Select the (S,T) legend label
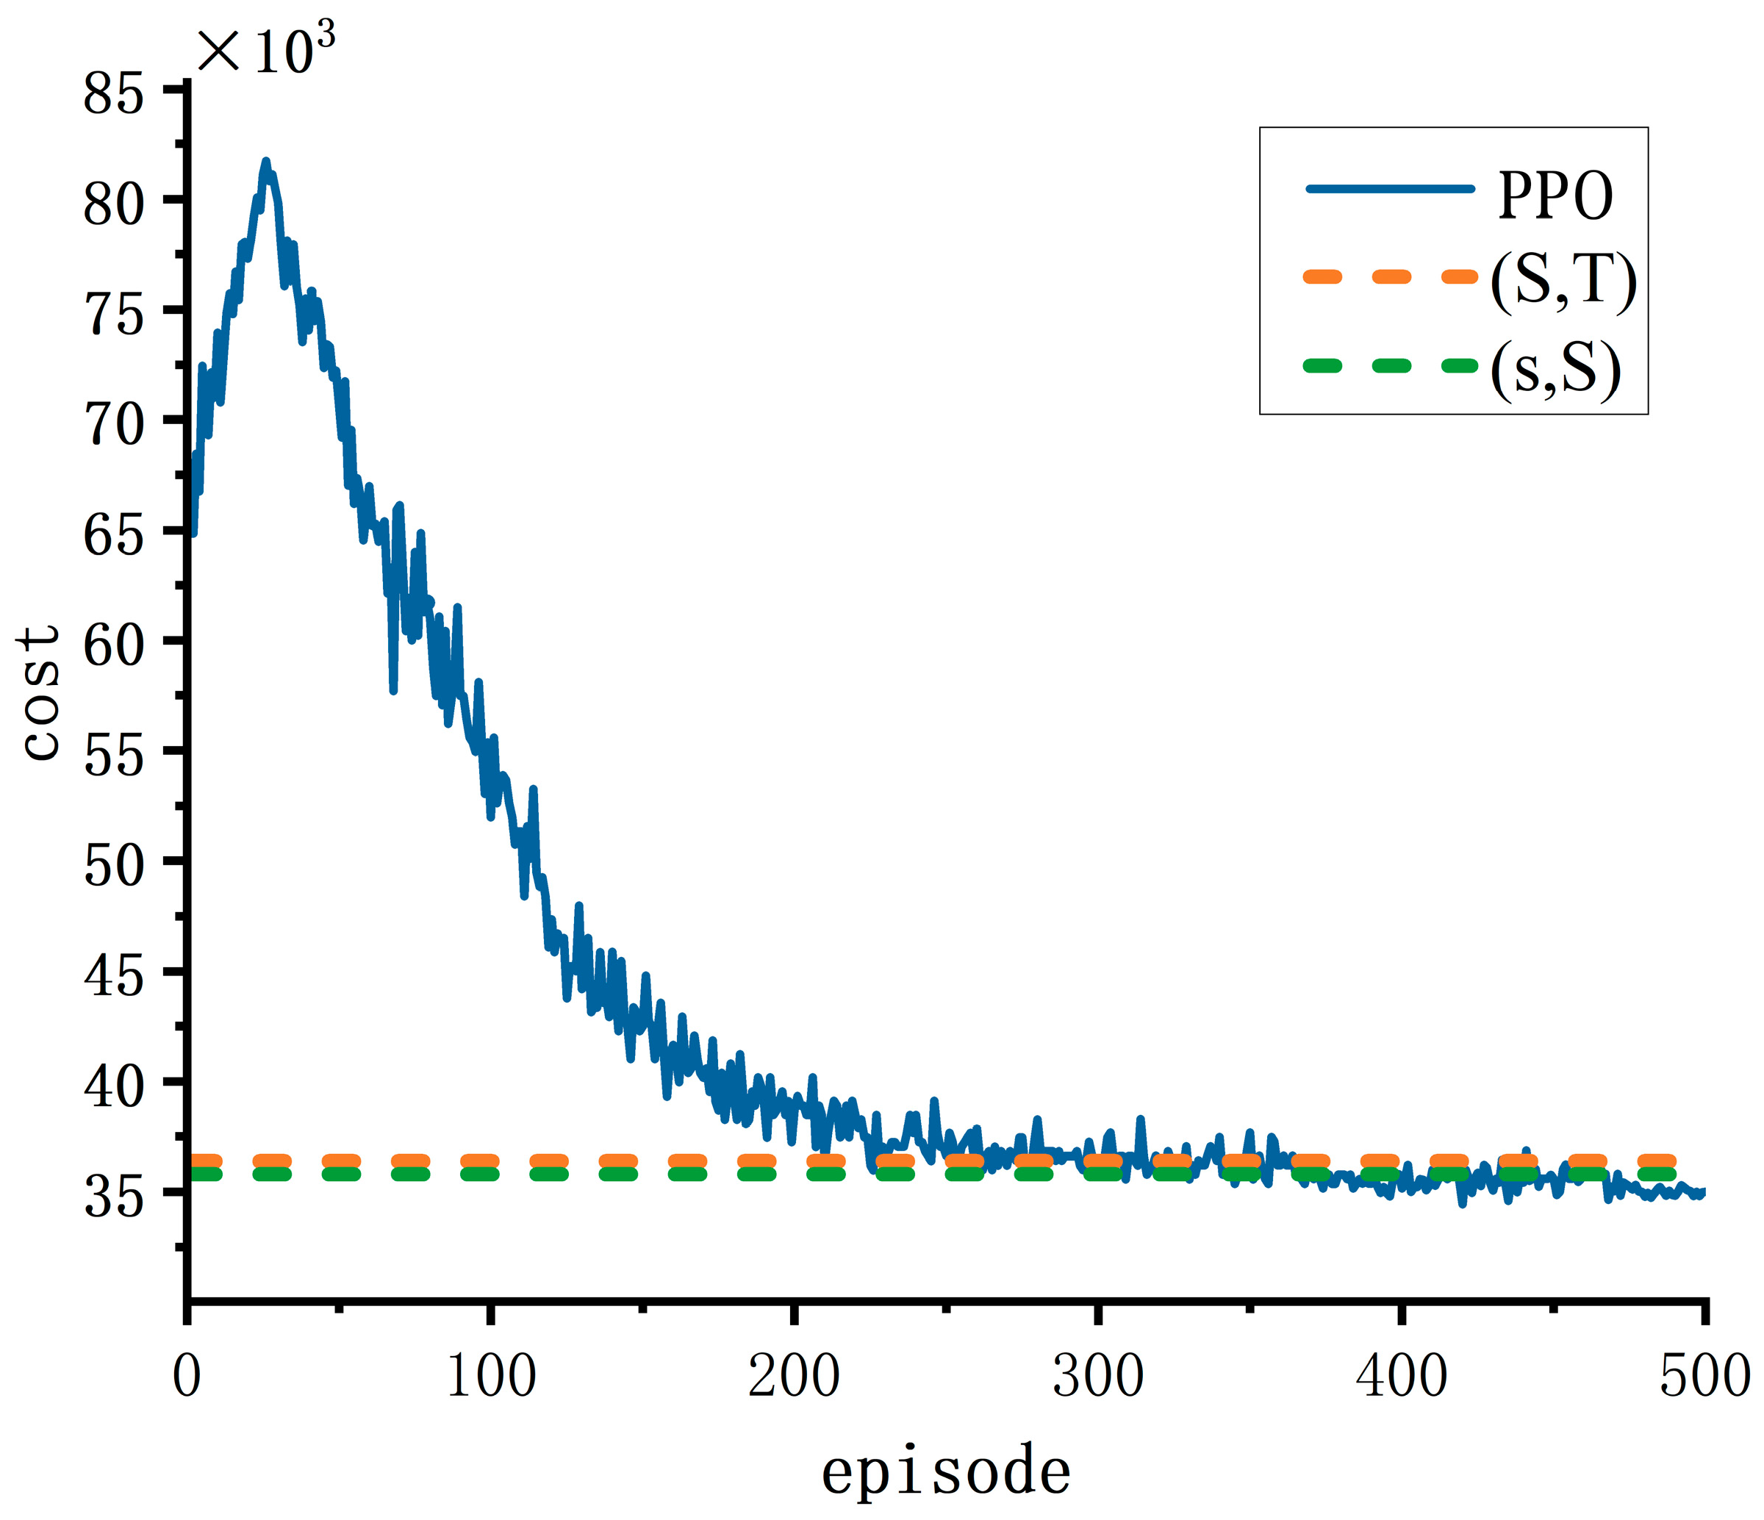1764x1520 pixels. (1563, 281)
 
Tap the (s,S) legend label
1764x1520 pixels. (1555, 370)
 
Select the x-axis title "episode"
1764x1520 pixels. (946, 1471)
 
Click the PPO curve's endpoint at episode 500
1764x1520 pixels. (1703, 1192)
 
